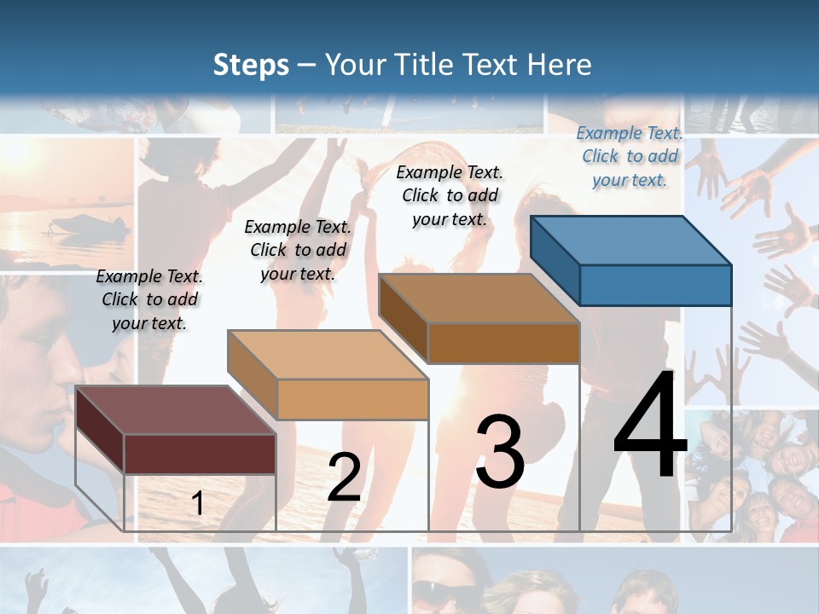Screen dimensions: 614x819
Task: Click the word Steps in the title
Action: [x=251, y=65]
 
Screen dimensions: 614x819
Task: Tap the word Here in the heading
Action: [x=555, y=65]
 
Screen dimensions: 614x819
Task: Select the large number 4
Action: [x=650, y=426]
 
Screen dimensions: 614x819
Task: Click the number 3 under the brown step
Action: [x=500, y=452]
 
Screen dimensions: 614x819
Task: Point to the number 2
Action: [x=344, y=478]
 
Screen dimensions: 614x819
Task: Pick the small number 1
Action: [x=198, y=503]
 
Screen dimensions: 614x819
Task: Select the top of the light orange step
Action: [x=328, y=355]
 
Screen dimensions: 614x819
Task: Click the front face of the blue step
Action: [x=655, y=285]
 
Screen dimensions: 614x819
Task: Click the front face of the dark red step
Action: [x=200, y=454]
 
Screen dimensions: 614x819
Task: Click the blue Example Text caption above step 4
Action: [x=630, y=156]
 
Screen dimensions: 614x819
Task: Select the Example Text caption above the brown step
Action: [x=450, y=195]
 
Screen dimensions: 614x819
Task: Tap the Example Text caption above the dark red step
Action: [x=149, y=299]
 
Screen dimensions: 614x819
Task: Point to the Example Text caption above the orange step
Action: [x=298, y=250]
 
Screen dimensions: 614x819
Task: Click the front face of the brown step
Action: [x=503, y=343]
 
